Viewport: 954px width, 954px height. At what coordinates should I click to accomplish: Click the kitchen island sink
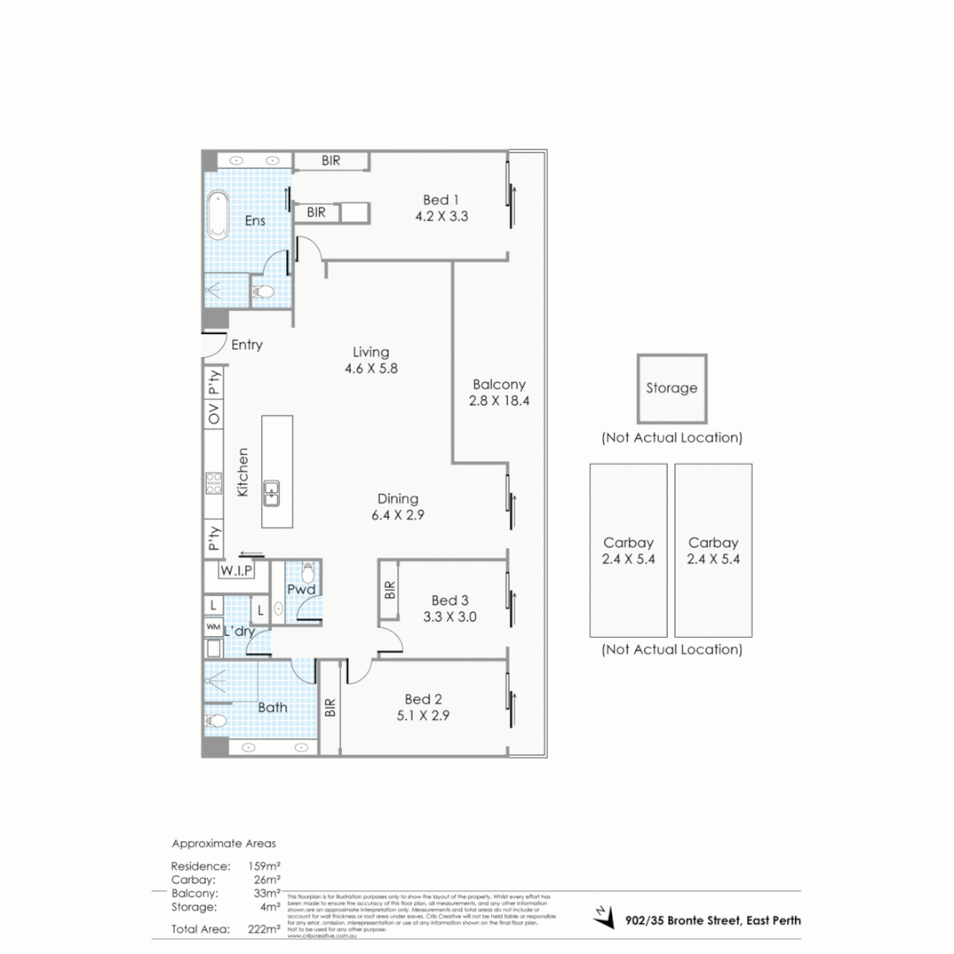coord(272,492)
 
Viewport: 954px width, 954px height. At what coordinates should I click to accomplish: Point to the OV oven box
coord(214,413)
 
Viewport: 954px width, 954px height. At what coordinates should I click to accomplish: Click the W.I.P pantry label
coord(237,571)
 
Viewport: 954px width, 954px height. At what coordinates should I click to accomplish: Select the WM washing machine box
coord(213,627)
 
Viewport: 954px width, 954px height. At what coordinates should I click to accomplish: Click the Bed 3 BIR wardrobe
coord(390,591)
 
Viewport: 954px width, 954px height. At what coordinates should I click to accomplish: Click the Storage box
coord(671,388)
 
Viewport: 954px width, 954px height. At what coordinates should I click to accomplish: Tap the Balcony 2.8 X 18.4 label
coord(499,392)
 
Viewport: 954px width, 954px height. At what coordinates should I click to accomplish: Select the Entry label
coord(246,344)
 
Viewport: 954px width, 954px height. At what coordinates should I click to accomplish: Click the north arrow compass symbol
coord(602,916)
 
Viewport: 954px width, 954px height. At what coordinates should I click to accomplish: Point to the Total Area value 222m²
coord(266,928)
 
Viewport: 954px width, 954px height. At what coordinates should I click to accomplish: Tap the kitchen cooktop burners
coord(214,481)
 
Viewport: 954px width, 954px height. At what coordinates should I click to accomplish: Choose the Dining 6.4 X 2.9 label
coord(397,507)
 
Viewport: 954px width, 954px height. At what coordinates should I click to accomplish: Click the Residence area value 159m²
coord(266,866)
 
